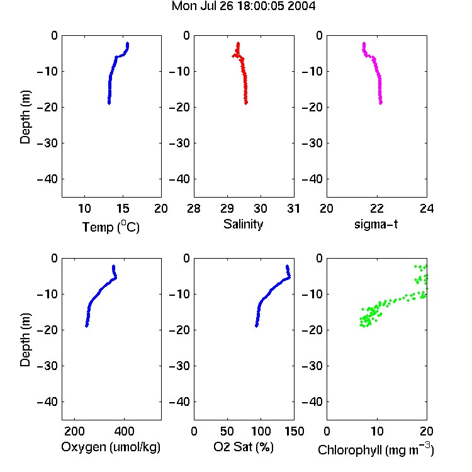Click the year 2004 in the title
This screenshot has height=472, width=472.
(x=301, y=6)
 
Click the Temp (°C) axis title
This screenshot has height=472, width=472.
(x=111, y=227)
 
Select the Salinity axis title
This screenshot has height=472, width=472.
(x=243, y=225)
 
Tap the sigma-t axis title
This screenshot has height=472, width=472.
(x=376, y=224)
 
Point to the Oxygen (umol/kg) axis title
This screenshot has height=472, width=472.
(x=111, y=447)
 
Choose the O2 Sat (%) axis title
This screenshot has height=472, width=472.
(x=244, y=447)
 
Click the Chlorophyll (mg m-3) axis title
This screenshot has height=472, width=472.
(x=376, y=450)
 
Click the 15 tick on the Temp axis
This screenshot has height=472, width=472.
(x=123, y=208)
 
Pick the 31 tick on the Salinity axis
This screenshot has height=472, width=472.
(x=293, y=208)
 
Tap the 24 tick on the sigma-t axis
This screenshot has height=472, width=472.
(x=427, y=208)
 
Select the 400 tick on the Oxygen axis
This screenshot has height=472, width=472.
(x=125, y=431)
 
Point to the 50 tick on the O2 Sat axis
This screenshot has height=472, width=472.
(x=227, y=431)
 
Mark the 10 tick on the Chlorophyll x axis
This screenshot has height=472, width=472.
(x=377, y=431)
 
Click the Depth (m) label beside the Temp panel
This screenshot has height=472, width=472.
(x=25, y=117)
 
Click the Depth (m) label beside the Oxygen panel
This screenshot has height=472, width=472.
(x=25, y=340)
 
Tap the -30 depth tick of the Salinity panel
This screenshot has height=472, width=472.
(x=180, y=143)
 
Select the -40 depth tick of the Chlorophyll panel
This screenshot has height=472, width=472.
(x=312, y=402)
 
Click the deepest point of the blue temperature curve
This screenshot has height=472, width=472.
(x=109, y=103)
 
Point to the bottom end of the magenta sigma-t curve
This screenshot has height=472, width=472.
(x=381, y=103)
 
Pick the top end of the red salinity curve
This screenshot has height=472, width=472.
(x=238, y=43)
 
